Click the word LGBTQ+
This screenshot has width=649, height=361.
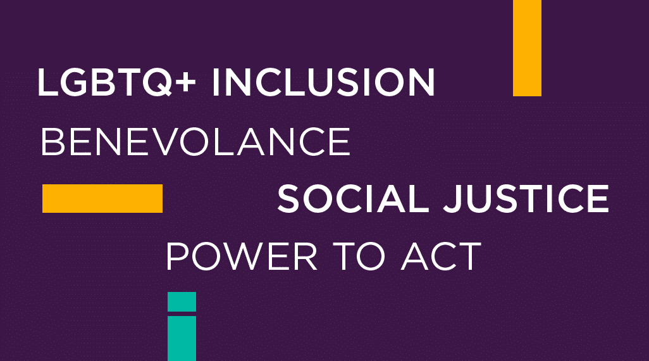pyautogui.click(x=116, y=82)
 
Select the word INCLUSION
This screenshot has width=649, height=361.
pyautogui.click(x=323, y=82)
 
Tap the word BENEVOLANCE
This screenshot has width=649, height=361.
pyautogui.click(x=195, y=142)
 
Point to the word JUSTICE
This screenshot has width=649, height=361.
pyautogui.click(x=526, y=198)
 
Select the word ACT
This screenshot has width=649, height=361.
pyautogui.click(x=441, y=256)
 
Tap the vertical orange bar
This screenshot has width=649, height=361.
pyautogui.click(x=527, y=48)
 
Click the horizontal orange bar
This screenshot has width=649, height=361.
pyautogui.click(x=102, y=198)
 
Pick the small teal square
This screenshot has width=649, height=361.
pyautogui.click(x=182, y=301)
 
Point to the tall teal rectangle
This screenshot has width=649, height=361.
pyautogui.click(x=182, y=339)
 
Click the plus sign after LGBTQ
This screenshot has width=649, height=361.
pyautogui.click(x=185, y=82)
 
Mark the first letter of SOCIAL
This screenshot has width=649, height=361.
pyautogui.click(x=288, y=198)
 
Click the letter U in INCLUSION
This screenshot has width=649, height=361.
pyautogui.click(x=333, y=82)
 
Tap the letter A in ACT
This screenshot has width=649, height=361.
pyautogui.click(x=415, y=256)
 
